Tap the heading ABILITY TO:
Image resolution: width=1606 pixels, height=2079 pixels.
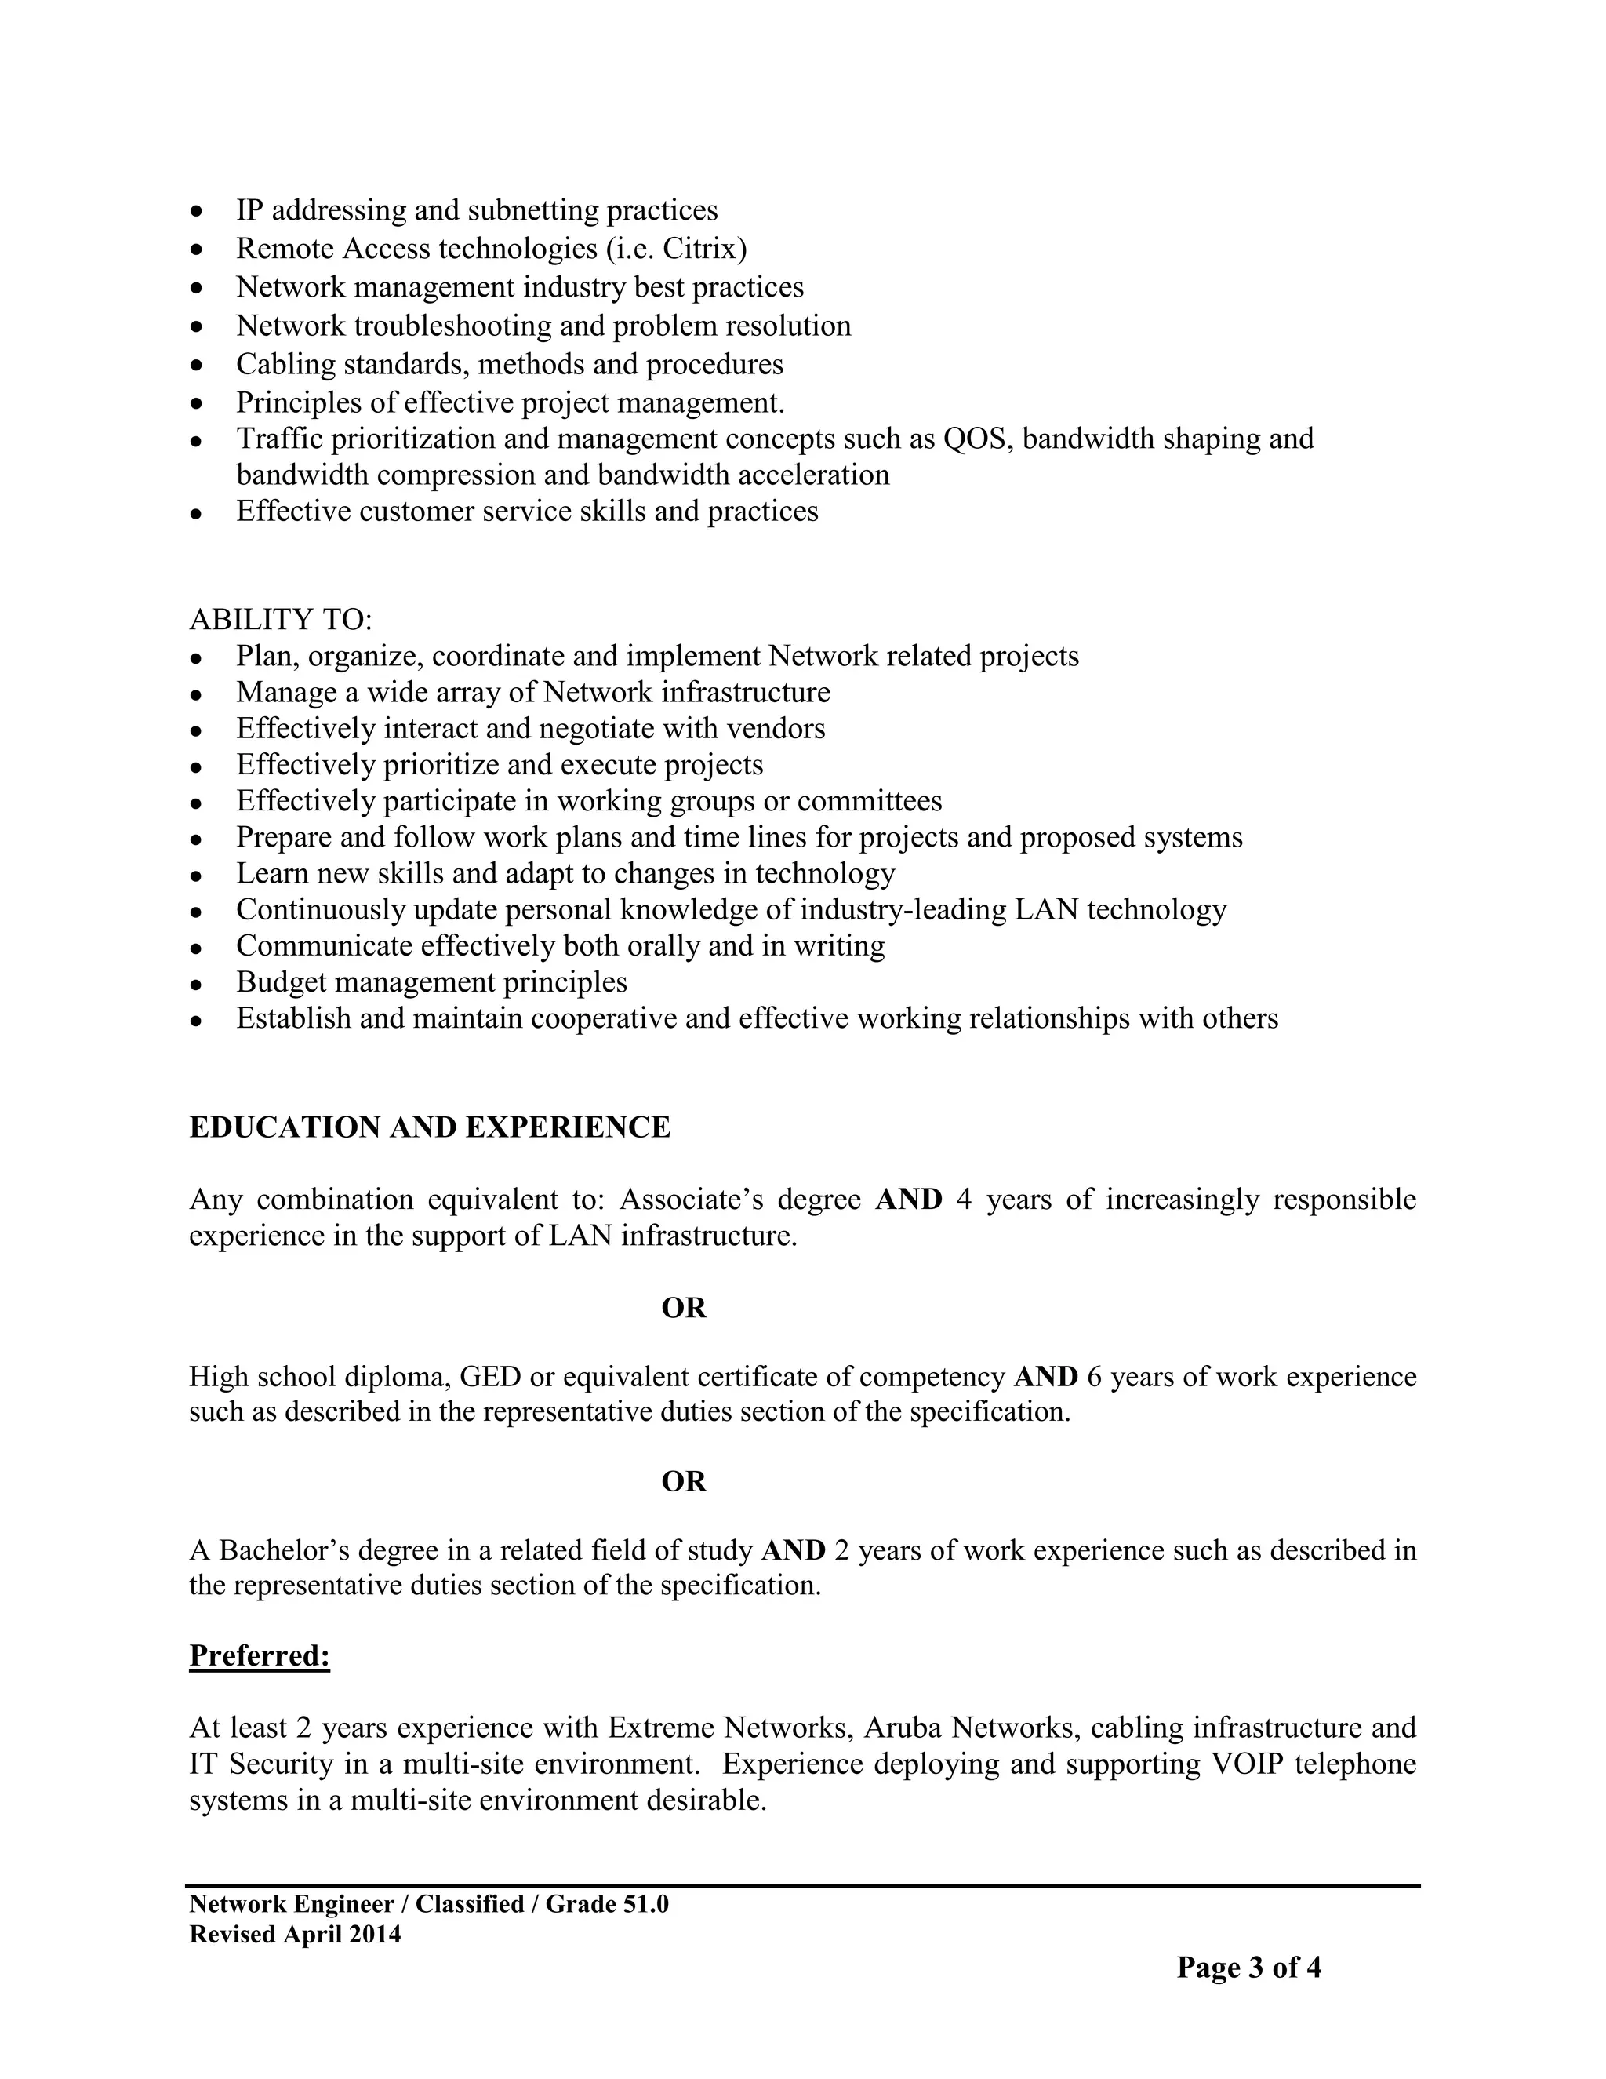coord(281,620)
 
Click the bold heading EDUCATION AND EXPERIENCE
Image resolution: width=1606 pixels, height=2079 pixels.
coord(430,1127)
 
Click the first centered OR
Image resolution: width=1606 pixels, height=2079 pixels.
coord(684,1308)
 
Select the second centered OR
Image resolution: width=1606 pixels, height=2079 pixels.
coord(684,1481)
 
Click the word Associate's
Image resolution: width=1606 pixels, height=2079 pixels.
coord(692,1200)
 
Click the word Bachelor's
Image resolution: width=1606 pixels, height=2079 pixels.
coord(282,1551)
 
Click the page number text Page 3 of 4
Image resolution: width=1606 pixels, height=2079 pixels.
coord(1248,1968)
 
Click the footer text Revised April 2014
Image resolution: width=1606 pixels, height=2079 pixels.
coord(295,1935)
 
